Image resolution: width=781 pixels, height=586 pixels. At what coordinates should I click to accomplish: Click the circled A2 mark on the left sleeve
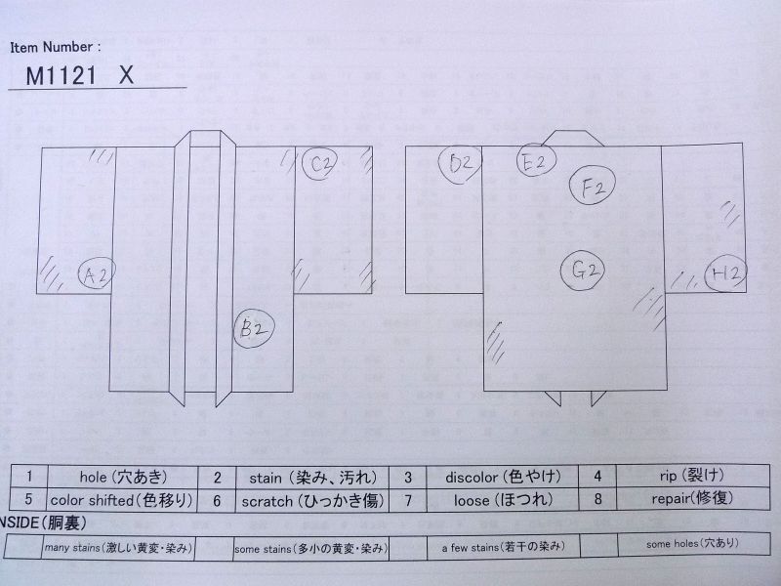click(x=97, y=273)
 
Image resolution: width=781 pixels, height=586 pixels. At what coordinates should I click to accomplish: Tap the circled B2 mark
click(x=255, y=329)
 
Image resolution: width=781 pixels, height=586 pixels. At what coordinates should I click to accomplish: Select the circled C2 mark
click(x=320, y=163)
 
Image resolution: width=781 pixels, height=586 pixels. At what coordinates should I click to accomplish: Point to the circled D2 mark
click(x=460, y=164)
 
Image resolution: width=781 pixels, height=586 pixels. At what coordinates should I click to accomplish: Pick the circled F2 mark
click(x=593, y=186)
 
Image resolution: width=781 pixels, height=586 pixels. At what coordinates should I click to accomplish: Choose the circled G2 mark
click(x=583, y=271)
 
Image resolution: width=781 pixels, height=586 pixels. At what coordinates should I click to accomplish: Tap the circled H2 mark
click(x=726, y=273)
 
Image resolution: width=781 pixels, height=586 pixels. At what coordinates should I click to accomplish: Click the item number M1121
click(x=61, y=76)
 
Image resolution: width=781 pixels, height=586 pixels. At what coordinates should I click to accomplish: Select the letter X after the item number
click(x=127, y=75)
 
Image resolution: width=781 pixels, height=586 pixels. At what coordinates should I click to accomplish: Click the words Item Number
click(x=56, y=47)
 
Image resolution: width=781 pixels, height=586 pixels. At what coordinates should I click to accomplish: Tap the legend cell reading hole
click(x=123, y=477)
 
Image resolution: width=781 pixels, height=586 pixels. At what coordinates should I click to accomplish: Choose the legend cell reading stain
click(x=312, y=478)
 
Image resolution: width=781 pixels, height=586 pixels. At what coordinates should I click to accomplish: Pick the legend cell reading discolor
click(x=503, y=477)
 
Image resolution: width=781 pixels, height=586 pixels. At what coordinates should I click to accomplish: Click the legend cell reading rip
click(x=693, y=476)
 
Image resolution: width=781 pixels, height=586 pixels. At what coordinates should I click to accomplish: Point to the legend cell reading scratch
click(x=312, y=500)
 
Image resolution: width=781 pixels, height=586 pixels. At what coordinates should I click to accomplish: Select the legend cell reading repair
click(x=693, y=498)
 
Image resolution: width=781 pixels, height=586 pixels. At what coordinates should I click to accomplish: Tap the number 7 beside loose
click(x=408, y=500)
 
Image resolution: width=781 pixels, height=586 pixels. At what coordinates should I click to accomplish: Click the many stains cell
click(x=118, y=548)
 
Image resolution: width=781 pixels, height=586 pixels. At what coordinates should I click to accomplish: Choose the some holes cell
click(x=693, y=544)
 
